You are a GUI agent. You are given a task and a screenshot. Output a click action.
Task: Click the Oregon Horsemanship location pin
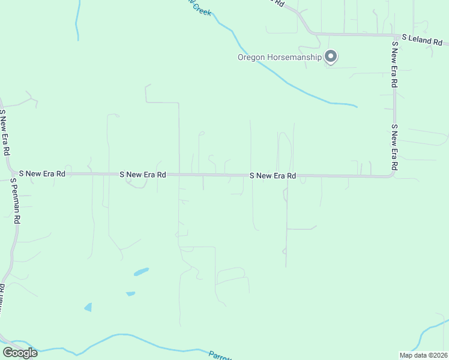331,56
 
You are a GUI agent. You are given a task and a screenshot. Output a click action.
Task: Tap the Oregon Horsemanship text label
279,58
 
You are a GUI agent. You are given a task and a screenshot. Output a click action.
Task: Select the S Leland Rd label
422,40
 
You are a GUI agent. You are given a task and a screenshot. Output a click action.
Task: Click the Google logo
20,353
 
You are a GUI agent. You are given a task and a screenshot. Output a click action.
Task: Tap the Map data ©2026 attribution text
423,355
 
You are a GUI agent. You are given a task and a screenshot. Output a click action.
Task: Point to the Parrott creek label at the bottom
220,355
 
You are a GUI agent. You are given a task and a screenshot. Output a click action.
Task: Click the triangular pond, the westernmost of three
89,307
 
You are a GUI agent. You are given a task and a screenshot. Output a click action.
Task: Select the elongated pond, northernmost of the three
141,272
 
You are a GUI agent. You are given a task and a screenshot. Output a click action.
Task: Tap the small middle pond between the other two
130,293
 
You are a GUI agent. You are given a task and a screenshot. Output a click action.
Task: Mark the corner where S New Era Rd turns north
393,175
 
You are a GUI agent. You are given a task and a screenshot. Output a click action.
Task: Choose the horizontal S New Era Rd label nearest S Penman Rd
41,173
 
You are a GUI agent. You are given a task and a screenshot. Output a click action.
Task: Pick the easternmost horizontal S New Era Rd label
273,176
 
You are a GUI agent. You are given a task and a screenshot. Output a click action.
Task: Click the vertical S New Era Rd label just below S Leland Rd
394,65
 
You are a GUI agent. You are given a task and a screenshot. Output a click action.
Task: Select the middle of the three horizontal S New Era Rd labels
142,175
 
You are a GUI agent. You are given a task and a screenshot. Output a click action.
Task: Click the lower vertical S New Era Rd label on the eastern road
394,147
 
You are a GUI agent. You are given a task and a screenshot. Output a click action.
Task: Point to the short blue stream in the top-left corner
77,21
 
